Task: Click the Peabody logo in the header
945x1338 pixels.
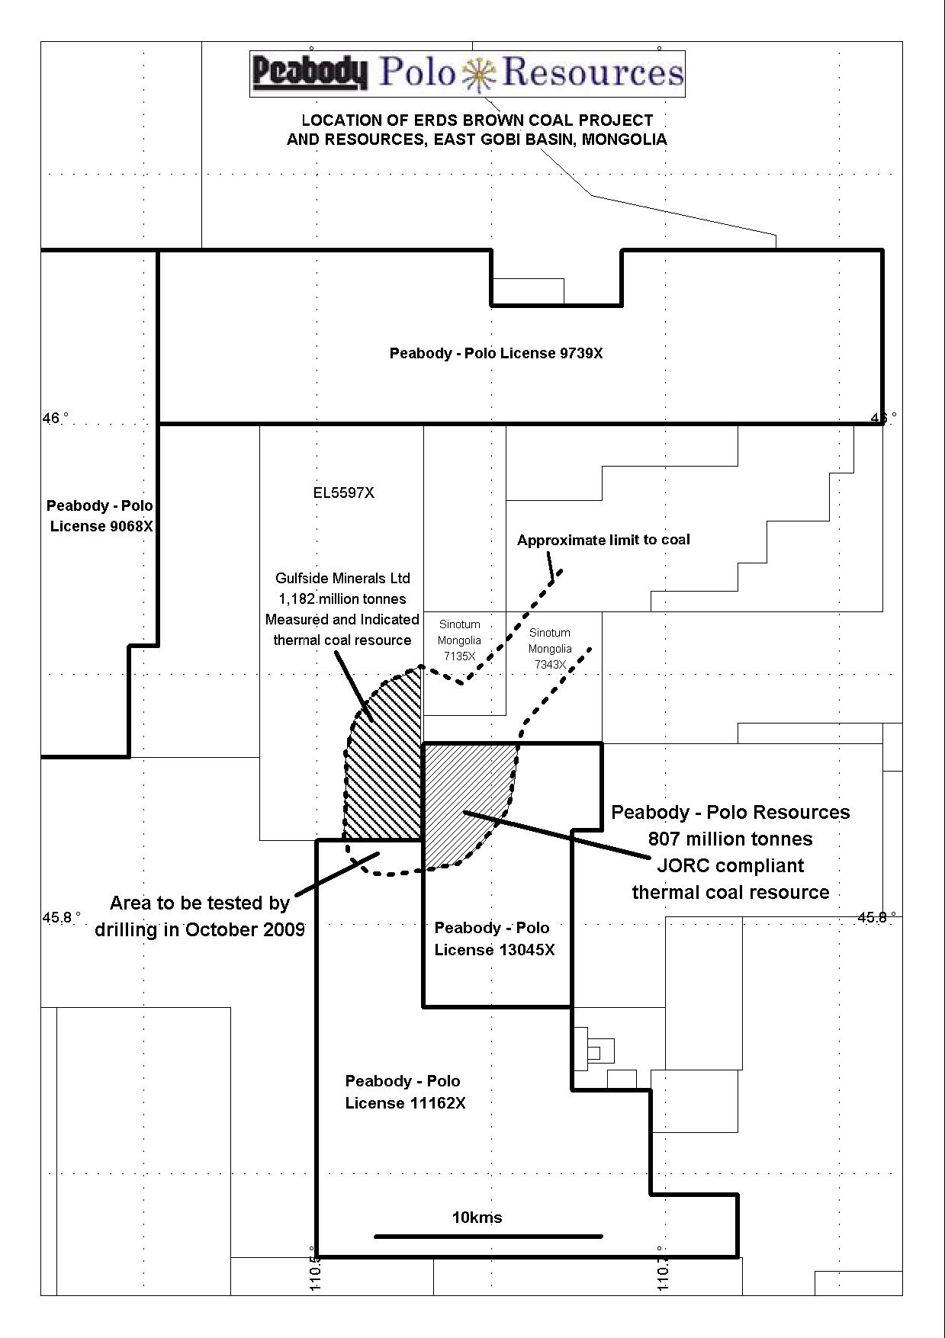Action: [310, 73]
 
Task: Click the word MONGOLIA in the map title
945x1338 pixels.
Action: [624, 140]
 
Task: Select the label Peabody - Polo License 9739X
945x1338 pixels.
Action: [496, 354]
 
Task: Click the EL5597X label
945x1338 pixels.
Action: [343, 493]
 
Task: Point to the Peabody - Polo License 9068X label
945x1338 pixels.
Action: [100, 516]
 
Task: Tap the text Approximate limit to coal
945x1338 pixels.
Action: [603, 540]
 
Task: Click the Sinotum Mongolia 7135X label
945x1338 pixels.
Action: [459, 640]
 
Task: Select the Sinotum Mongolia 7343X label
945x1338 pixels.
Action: [550, 649]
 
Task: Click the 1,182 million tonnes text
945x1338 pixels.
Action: [342, 599]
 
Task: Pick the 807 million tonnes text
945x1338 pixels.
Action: [730, 839]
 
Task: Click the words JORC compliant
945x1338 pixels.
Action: [730, 866]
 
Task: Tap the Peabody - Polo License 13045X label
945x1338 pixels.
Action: [493, 939]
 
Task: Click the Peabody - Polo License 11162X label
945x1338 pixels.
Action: [404, 1092]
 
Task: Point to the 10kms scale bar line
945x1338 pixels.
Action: [488, 1237]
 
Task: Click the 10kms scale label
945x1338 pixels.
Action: [477, 1218]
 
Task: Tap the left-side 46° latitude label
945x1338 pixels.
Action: [55, 419]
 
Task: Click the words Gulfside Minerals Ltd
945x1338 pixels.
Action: [342, 579]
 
